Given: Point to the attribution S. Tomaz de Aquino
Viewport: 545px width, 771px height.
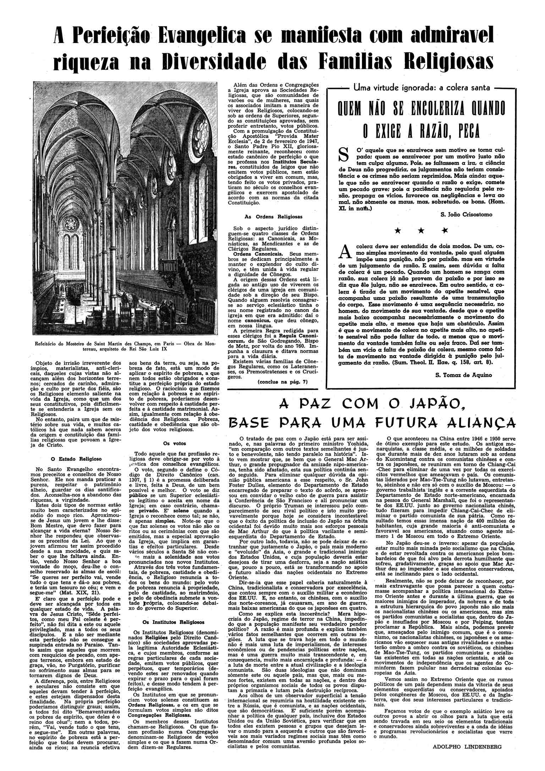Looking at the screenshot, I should (463, 375).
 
